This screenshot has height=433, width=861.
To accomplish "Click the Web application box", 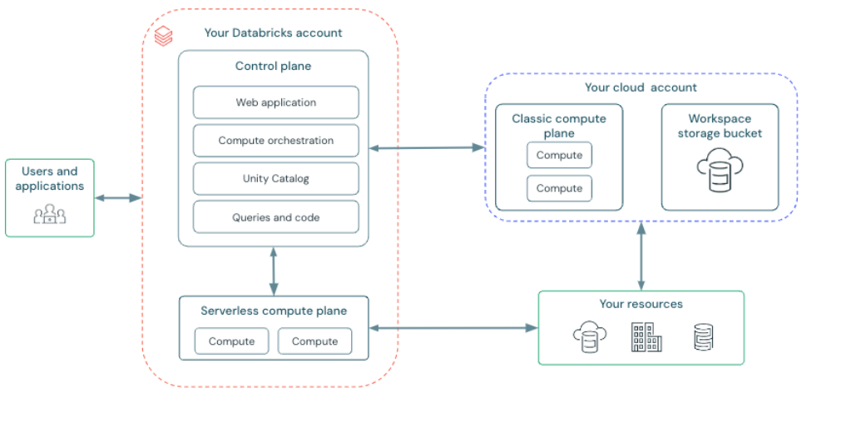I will pos(275,102).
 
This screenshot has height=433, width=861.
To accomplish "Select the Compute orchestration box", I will pos(275,141).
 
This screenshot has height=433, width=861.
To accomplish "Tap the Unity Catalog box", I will pos(275,179).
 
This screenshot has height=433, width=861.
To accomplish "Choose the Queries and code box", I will pos(275,217).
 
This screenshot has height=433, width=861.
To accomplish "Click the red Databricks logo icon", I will pos(164,35).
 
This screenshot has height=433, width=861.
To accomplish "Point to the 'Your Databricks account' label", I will pos(273,32).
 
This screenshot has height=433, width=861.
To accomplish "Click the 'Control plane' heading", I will pos(273,66).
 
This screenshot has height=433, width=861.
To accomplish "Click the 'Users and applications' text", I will pos(50,178).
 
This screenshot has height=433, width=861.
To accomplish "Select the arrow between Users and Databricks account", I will pos(118,198).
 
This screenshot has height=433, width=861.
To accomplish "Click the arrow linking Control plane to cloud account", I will pos(427,148).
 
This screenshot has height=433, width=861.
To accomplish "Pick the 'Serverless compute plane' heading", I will pos(274,311).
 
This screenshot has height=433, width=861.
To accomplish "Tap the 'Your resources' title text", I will pos(641,304).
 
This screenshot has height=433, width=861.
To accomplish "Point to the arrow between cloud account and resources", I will pos(641,256).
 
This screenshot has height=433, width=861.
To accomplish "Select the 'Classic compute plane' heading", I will pos(558,126).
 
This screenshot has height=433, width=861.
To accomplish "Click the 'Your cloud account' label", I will pos(641,87).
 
